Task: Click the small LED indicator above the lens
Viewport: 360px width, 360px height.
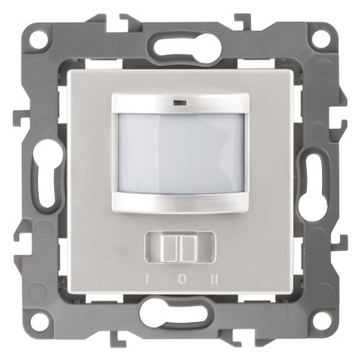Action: point(179,103)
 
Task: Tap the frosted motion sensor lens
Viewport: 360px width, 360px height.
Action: point(181,154)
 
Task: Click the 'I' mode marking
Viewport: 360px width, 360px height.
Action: point(147,280)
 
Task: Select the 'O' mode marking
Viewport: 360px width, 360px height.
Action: point(181,280)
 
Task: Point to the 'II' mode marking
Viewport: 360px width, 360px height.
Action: point(214,280)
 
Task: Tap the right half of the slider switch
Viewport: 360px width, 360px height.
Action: point(189,247)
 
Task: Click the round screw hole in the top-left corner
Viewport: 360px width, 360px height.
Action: point(39,38)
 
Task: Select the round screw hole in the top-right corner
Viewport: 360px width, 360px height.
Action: point(319,39)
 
